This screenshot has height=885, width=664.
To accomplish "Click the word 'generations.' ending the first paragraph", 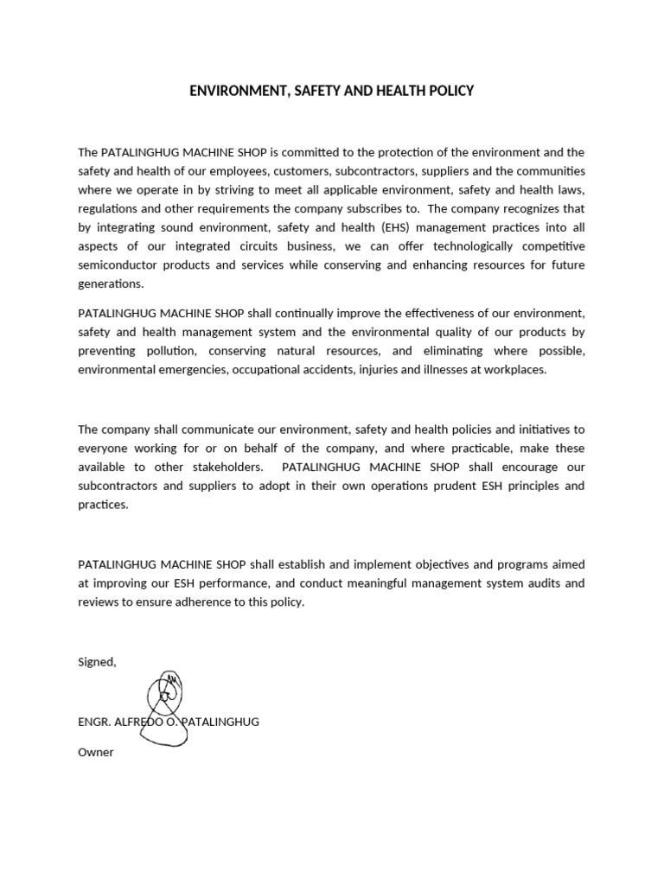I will [x=111, y=284].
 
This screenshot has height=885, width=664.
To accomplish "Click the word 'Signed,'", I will [x=97, y=662].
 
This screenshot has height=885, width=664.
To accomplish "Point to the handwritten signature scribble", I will [x=167, y=704].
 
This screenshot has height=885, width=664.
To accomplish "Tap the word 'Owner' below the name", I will [x=96, y=753].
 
